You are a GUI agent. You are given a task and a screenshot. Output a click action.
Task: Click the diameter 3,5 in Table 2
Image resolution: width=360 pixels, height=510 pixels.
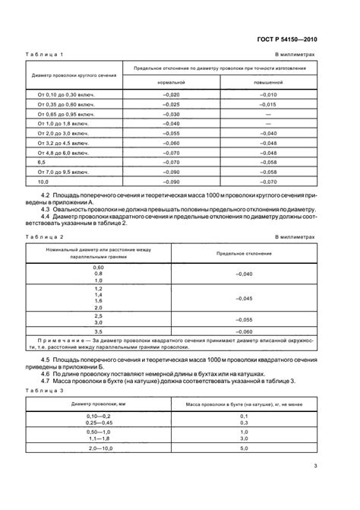click(97, 332)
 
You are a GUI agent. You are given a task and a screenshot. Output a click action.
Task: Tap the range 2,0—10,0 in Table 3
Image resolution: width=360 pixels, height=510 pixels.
click(97, 449)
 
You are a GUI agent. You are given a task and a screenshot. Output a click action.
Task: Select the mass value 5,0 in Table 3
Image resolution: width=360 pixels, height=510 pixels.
click(244, 449)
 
